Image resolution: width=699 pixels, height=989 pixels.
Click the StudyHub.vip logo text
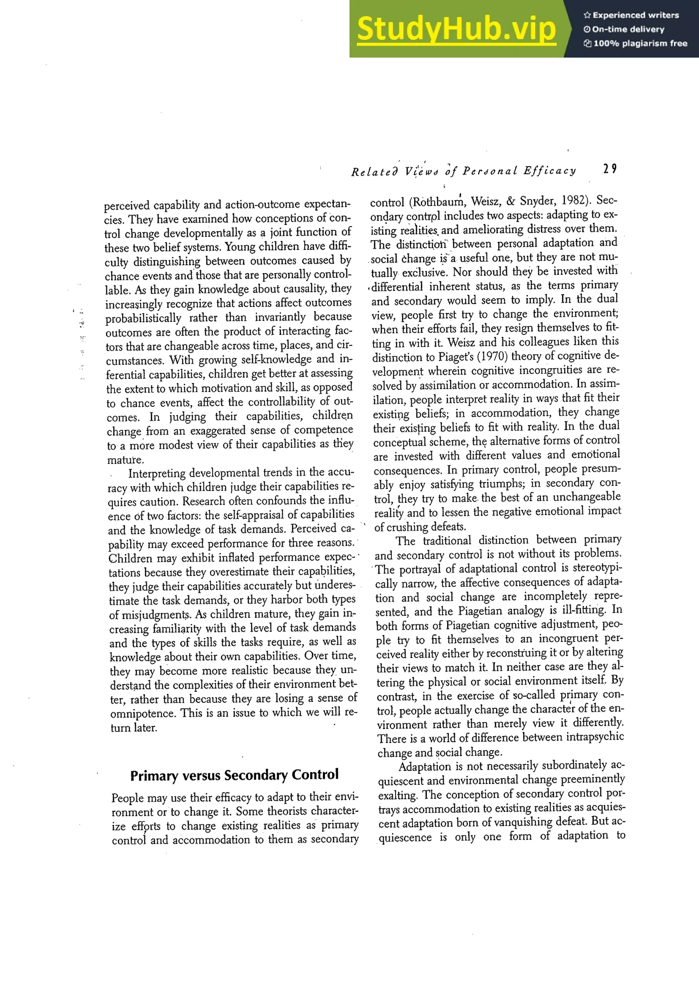point(456,29)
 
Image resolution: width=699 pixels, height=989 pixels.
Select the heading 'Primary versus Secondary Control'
point(234,775)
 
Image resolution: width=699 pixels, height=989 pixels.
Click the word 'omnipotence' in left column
point(143,713)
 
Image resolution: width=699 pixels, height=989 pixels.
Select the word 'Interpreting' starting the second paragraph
point(157,473)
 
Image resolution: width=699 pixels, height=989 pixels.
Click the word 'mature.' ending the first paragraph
point(125,460)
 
